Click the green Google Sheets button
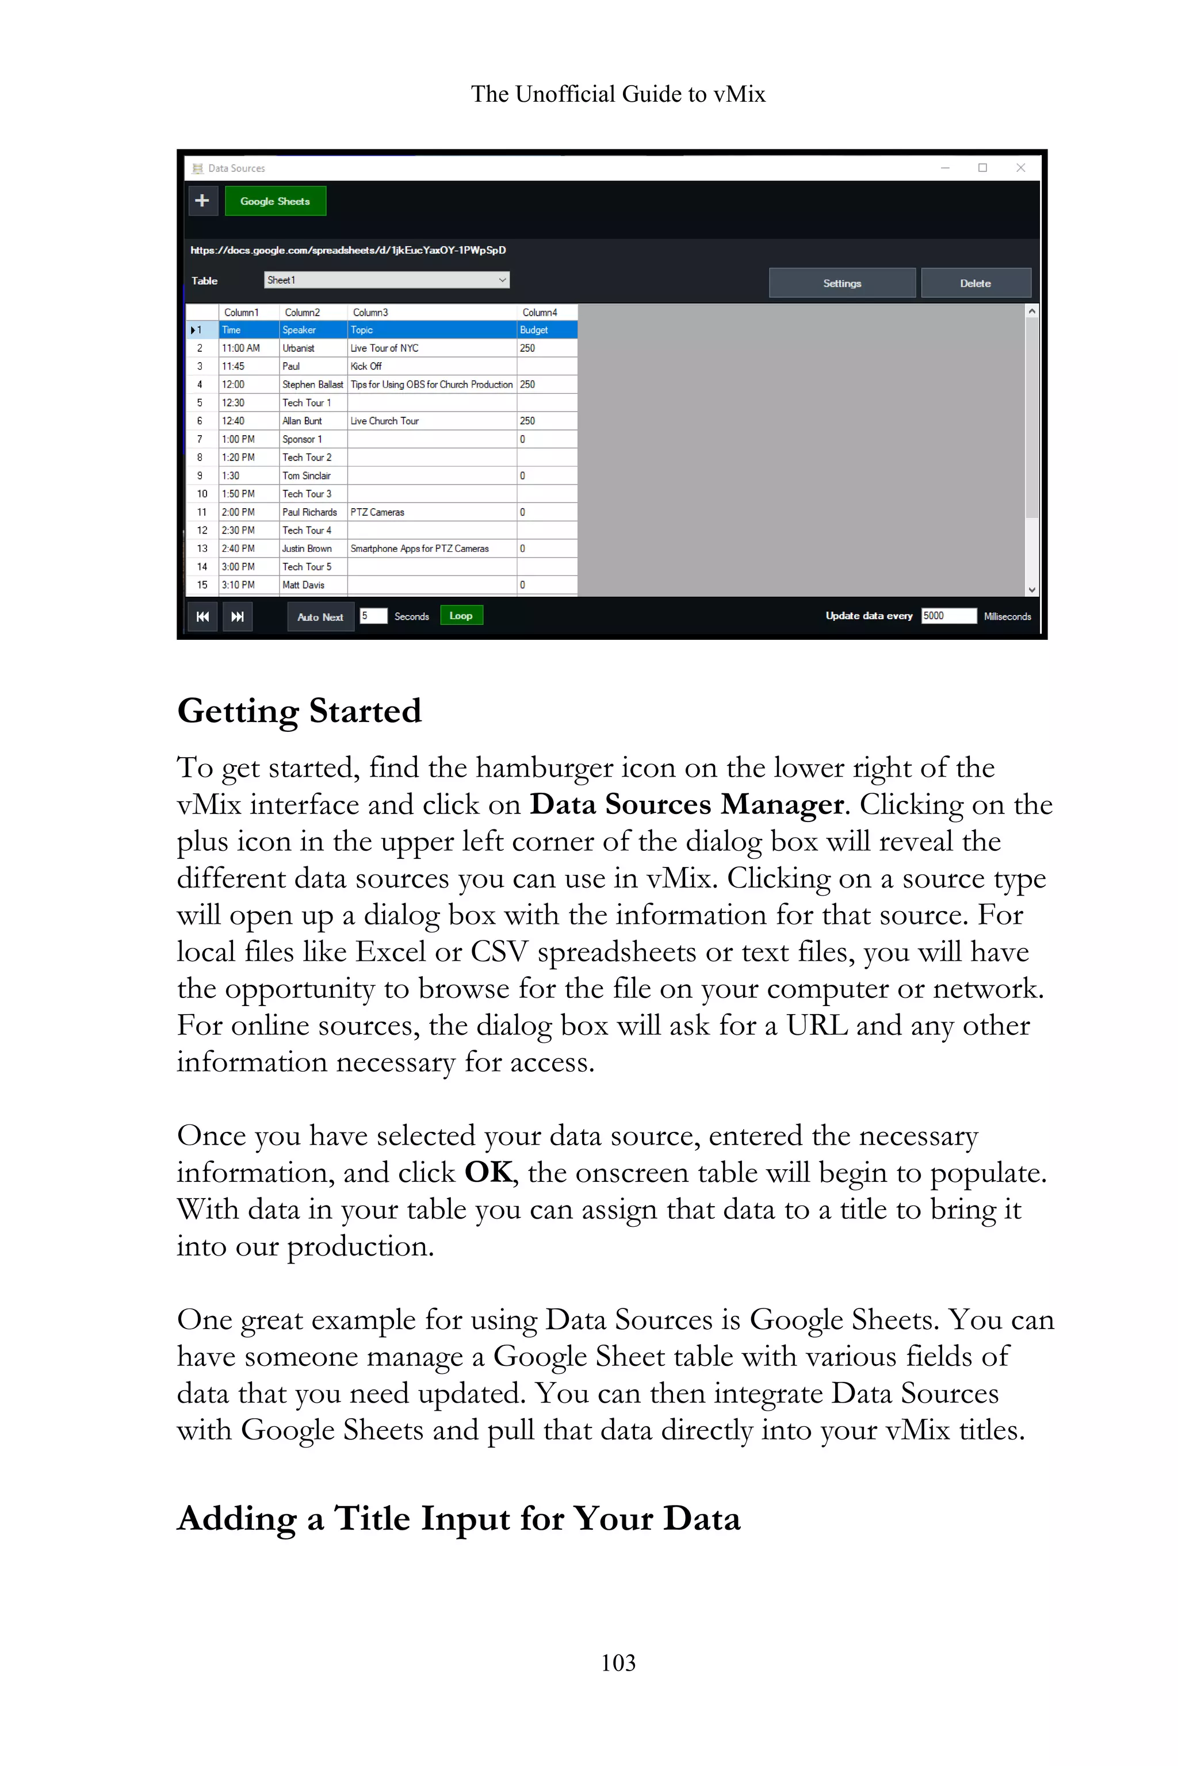(275, 201)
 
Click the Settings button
(842, 283)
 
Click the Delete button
(975, 283)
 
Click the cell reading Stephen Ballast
(312, 385)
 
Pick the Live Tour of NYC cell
(431, 348)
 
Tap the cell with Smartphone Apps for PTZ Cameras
(431, 549)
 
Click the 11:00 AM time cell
(248, 348)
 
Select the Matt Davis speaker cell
(312, 585)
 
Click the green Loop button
(461, 616)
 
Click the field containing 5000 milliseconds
(948, 616)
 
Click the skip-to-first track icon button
(202, 616)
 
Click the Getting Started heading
(299, 711)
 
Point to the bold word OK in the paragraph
(488, 1173)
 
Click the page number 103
(618, 1663)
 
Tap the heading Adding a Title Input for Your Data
(458, 1519)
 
